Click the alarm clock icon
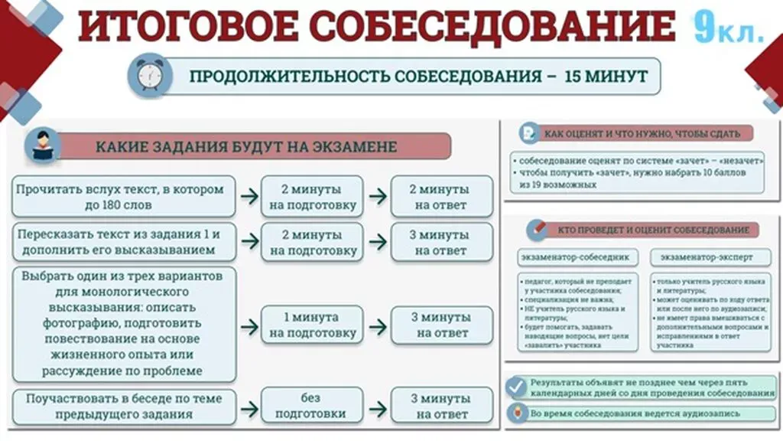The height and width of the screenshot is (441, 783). pos(149,75)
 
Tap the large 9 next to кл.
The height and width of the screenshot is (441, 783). pos(704,28)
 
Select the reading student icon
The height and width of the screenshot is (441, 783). pos(43,145)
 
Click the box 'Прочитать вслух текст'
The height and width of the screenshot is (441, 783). pos(123,197)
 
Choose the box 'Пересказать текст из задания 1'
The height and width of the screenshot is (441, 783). pos(123,242)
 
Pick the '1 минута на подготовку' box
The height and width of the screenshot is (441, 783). pos(312,325)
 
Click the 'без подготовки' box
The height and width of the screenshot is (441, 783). pos(312,406)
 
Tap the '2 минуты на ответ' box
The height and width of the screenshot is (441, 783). pos(442,197)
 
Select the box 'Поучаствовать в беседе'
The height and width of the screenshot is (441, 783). pos(123,406)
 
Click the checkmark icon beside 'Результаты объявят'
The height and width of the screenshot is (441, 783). pos(518,387)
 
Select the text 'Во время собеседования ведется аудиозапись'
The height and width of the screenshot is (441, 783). pos(635,413)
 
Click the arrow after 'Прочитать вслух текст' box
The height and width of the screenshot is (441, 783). pos(249,197)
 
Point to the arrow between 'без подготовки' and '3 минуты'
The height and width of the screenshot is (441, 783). pos(377,406)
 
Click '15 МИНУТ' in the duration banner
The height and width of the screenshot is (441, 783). pos(606,76)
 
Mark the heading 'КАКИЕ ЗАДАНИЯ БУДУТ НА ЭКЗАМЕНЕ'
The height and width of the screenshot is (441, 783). pos(246,146)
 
